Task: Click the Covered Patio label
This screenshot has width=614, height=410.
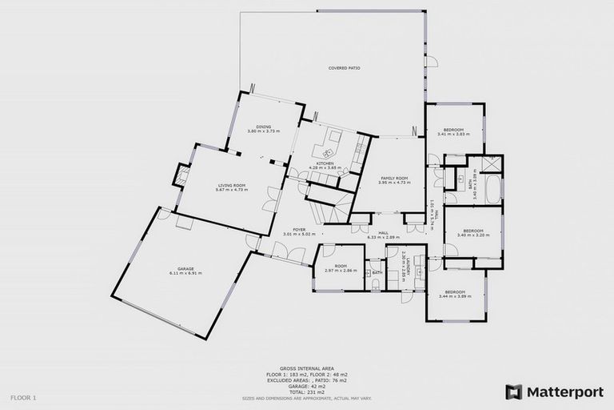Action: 345,68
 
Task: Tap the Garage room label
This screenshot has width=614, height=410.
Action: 185,268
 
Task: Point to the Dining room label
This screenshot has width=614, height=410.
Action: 264,127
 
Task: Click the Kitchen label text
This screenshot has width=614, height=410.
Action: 325,163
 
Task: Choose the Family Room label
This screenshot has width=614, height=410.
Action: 394,178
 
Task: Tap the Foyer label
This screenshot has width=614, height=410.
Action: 299,230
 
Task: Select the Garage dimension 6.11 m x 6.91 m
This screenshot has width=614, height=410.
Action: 185,273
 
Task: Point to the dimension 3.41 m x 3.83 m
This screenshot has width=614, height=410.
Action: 455,134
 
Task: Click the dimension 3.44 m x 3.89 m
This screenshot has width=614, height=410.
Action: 455,296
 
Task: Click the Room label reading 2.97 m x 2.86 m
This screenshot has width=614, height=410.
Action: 341,271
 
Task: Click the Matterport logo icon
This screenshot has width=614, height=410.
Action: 514,392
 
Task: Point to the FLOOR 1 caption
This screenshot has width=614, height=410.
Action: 23,397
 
